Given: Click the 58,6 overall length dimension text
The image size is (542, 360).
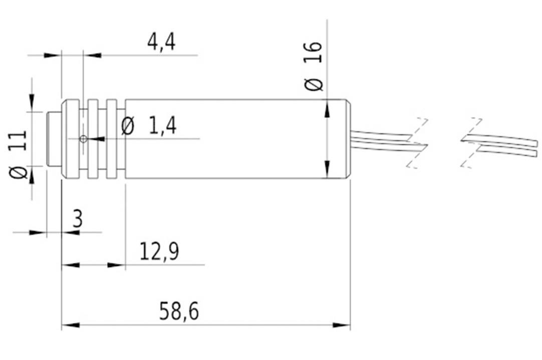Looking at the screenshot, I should [x=179, y=311].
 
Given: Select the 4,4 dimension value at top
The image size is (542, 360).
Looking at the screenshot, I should [x=161, y=42].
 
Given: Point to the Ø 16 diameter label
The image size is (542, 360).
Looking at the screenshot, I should [x=314, y=66].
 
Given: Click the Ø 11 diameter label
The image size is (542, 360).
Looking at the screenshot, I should [x=20, y=155].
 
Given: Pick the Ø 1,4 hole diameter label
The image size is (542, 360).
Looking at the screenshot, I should [x=149, y=126].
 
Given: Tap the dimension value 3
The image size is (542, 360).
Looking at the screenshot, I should [x=77, y=220].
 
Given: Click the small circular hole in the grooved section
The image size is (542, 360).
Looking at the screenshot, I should [x=83, y=139].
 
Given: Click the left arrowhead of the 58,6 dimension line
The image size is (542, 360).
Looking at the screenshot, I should [x=70, y=325].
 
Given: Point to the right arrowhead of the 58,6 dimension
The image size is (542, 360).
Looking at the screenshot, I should [x=342, y=325].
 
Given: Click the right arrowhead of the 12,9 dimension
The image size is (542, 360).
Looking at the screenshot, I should [x=117, y=265].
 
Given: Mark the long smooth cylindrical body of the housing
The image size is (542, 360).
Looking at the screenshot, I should [x=225, y=139].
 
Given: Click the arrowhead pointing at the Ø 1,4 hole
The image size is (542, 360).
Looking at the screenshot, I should [x=96, y=139].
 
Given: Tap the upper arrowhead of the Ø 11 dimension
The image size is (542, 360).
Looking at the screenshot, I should [x=33, y=102].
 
